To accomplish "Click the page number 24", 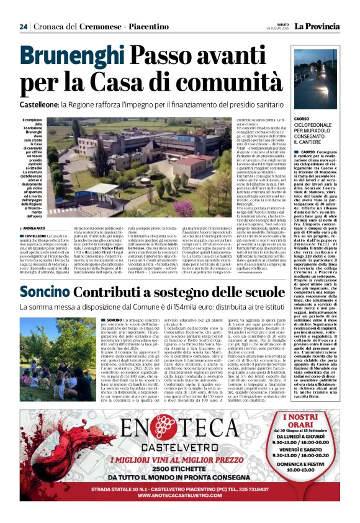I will coord(23,27).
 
